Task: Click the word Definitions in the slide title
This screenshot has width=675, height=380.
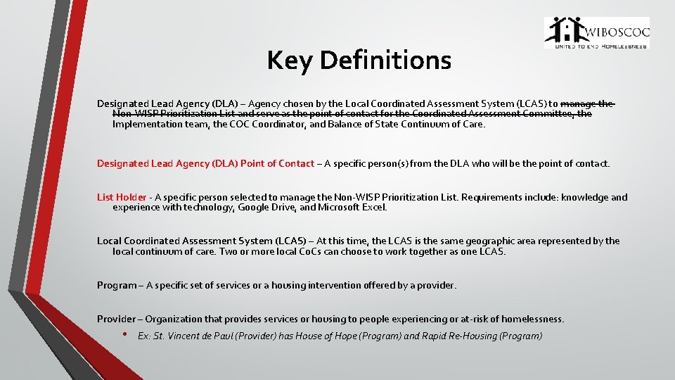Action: [x=385, y=61]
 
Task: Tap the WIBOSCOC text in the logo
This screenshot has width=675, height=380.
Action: [x=617, y=32]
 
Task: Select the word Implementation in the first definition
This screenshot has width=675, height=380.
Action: [x=143, y=125]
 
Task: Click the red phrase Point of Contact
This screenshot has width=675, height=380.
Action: [x=277, y=164]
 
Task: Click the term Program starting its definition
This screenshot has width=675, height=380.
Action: [x=117, y=286]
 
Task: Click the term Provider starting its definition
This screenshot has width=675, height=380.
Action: [x=116, y=319]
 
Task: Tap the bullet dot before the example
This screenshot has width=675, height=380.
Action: [x=124, y=334]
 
